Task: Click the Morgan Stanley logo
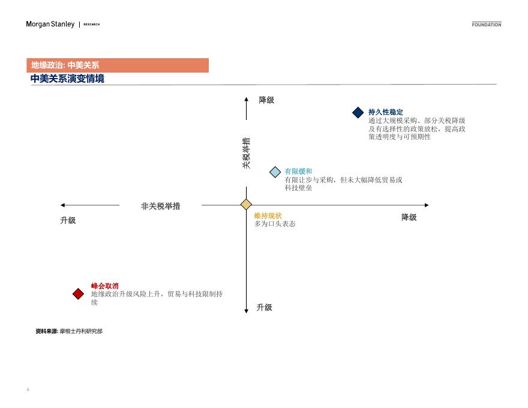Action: (x=50, y=24)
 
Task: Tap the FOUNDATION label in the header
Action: (x=486, y=25)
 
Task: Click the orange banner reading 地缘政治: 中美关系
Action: (x=118, y=65)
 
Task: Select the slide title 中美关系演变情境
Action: (x=67, y=79)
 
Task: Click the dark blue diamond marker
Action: (x=358, y=112)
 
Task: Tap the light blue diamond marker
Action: (x=275, y=172)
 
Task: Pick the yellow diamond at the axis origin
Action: (x=246, y=205)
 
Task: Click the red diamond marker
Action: (x=78, y=293)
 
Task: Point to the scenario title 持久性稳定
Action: (x=386, y=112)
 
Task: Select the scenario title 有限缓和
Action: (x=298, y=172)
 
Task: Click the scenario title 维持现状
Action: (x=268, y=216)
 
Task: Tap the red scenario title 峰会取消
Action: (x=105, y=286)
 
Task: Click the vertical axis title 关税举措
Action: (x=246, y=153)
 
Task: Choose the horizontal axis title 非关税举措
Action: (x=160, y=206)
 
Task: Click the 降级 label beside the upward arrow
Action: (x=266, y=100)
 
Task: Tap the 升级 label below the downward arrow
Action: (x=265, y=307)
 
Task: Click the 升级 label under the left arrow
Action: (x=68, y=220)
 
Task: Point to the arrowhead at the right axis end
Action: (x=427, y=205)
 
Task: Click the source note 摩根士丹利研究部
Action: (x=81, y=331)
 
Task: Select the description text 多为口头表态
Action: (x=275, y=224)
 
